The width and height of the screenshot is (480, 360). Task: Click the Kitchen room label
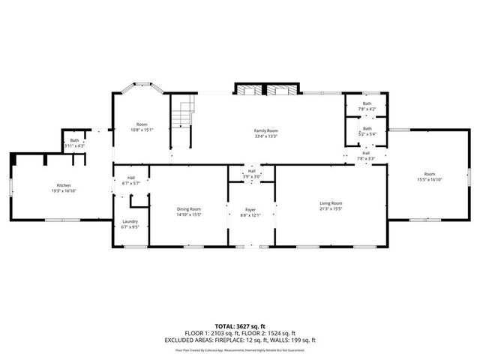(64, 185)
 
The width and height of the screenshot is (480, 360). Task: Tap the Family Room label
(265, 130)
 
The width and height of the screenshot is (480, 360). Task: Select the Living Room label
(331, 203)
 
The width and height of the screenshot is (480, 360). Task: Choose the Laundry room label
(130, 221)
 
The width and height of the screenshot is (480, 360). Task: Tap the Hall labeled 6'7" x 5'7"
(130, 178)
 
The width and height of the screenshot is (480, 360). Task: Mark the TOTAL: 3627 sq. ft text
(240, 325)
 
